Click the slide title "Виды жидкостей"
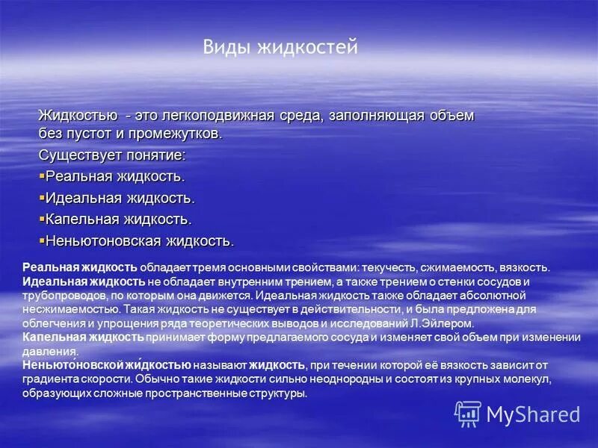pyautogui.click(x=280, y=48)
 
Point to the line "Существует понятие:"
pyautogui.click(x=112, y=155)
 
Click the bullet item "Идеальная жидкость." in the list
pyautogui.click(x=120, y=199)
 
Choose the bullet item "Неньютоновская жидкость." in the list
pyautogui.click(x=140, y=241)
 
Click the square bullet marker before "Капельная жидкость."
pyautogui.click(x=42, y=219)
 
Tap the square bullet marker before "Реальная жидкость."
pyautogui.click(x=42, y=175)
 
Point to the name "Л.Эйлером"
pyautogui.click(x=450, y=323)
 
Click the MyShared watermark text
pyautogui.click(x=533, y=414)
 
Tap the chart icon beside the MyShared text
pyautogui.click(x=468, y=414)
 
